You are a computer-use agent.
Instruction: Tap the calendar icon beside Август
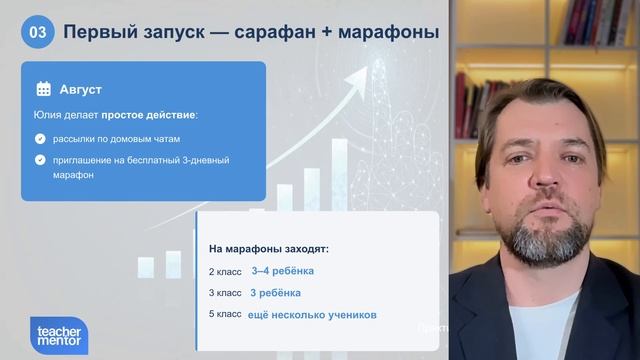[43, 88]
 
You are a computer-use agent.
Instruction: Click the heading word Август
[80, 88]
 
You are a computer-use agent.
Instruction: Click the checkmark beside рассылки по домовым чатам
[40, 138]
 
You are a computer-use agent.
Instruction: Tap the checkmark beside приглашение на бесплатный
[40, 159]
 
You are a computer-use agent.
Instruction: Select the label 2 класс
[225, 271]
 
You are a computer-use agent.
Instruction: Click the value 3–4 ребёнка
[282, 271]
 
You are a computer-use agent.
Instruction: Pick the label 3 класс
[225, 293]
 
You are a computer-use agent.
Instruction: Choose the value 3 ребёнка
[276, 293]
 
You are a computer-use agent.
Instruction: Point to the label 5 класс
[225, 315]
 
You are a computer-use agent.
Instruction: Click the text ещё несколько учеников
[312, 315]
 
